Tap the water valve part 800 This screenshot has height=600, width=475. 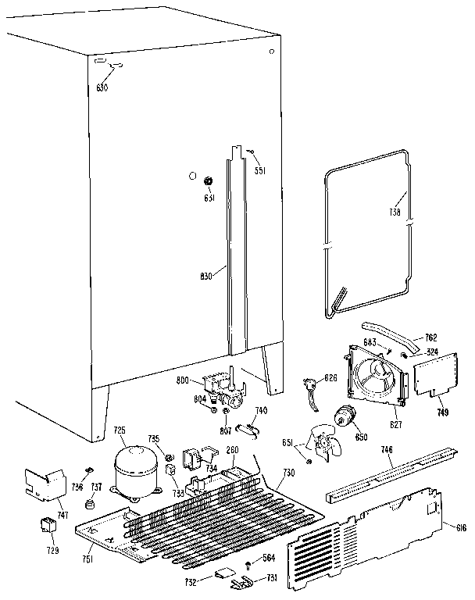point(220,384)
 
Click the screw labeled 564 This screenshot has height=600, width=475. point(248,564)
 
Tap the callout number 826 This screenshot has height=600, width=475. point(331,377)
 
